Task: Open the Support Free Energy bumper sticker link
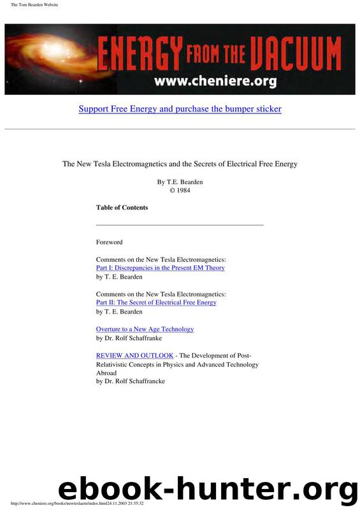[180, 109]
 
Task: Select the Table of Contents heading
[122, 208]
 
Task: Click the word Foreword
[109, 242]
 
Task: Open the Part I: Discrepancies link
[160, 268]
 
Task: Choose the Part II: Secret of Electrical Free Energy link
[156, 302]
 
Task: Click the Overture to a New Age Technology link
[145, 329]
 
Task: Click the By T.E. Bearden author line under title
[180, 182]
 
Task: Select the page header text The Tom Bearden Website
[34, 4]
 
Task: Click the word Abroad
[107, 373]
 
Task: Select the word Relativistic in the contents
[115, 365]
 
